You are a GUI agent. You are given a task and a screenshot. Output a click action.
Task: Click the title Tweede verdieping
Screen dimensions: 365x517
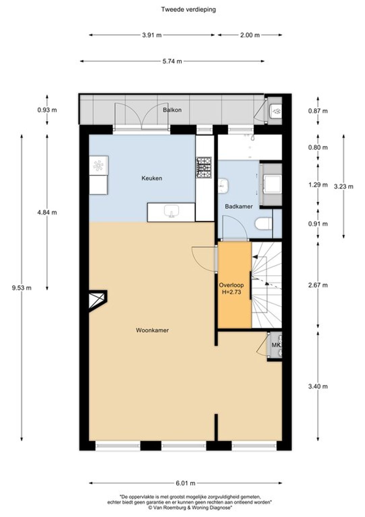pos(188,9)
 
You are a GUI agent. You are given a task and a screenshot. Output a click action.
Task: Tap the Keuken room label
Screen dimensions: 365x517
pos(152,178)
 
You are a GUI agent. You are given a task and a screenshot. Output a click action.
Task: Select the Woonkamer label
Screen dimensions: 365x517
pos(152,330)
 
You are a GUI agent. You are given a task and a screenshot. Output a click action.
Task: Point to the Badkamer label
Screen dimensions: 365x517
pos(239,206)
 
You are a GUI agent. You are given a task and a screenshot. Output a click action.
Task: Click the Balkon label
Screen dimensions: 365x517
pos(172,110)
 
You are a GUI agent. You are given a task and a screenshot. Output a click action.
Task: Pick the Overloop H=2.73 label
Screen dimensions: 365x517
pos(231,289)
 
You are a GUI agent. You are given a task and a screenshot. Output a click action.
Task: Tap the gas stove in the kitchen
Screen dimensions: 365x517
pos(204,167)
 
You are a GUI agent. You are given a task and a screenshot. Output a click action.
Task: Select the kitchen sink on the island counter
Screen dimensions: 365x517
pos(171,211)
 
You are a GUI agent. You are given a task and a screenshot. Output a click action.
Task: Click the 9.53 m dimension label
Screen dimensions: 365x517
pos(22,288)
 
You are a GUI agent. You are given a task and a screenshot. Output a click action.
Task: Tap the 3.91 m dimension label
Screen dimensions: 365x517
pos(152,35)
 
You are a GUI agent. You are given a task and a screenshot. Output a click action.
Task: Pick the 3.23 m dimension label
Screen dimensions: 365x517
pos(344,186)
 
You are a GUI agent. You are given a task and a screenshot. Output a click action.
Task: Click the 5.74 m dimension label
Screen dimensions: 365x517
pos(172,61)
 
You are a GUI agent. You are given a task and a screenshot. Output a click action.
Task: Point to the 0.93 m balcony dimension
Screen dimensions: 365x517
pos(47,110)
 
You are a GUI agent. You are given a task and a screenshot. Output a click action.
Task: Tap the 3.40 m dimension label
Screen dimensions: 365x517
pos(318,386)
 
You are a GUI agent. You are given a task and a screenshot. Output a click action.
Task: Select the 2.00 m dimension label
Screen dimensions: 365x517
pos(250,35)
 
